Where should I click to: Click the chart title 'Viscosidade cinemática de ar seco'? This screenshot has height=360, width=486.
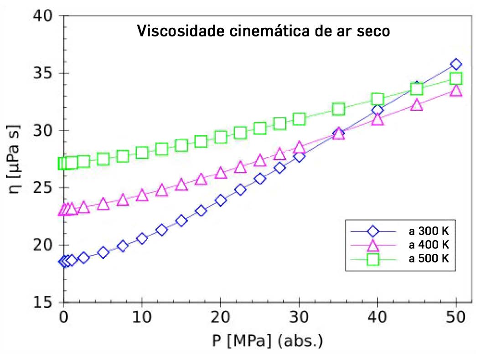(264, 32)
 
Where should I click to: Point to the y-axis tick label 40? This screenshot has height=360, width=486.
(43, 16)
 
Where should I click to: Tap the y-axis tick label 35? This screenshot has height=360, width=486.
(43, 73)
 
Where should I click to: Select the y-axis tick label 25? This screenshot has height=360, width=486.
(43, 188)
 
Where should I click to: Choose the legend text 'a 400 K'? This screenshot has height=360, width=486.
(429, 245)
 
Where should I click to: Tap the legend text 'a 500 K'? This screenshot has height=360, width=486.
(429, 258)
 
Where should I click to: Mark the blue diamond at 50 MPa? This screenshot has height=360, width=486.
(456, 64)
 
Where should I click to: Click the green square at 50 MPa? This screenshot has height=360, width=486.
(456, 79)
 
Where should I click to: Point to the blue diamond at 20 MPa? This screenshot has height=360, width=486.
(221, 200)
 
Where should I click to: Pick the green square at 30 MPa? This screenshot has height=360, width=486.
(299, 119)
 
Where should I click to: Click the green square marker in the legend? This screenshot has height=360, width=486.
(373, 259)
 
